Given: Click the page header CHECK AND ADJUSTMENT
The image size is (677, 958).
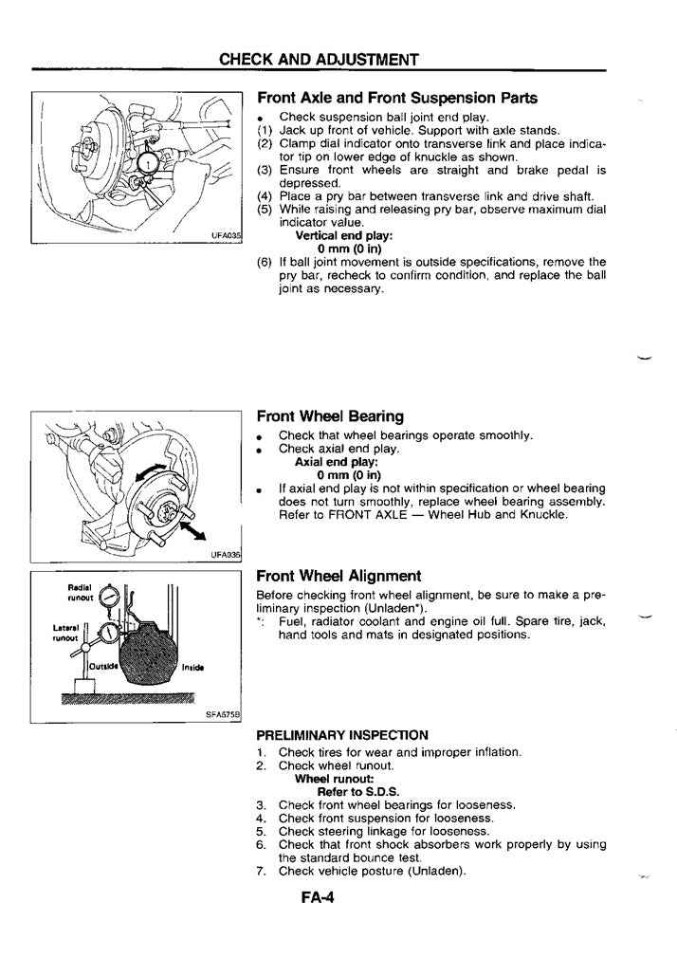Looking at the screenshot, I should pos(319,59).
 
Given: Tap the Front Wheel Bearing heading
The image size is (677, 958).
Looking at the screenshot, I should pos(330,415).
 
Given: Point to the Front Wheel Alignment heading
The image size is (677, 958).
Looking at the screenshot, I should pos(338,576).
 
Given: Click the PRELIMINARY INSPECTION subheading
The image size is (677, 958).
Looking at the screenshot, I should pos(342,734).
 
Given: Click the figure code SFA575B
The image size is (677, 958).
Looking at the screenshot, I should pos(224,714).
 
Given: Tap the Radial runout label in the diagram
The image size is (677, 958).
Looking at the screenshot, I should pos(79,592).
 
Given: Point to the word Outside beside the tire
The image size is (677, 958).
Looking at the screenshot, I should pos(101,666).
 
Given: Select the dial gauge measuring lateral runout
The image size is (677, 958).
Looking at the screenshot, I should pos(110,634).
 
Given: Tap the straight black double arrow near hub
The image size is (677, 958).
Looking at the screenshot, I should pos(192,523).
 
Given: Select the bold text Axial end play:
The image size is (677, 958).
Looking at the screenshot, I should pos(337,462).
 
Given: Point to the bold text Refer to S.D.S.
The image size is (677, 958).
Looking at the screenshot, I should pos(358,791).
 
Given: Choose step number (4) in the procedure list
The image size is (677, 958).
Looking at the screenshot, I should pos(265,196).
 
